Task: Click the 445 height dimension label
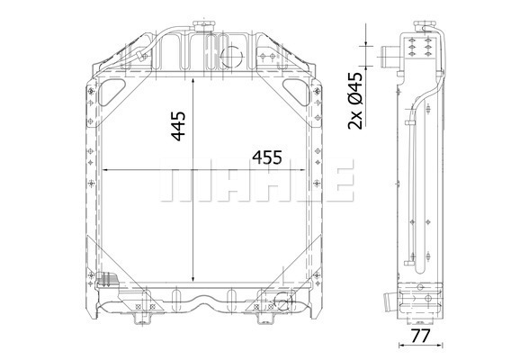[179, 126]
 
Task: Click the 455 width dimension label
[267, 157]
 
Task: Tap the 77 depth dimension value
[420, 336]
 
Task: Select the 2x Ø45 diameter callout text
[355, 101]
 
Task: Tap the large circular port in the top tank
[231, 57]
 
